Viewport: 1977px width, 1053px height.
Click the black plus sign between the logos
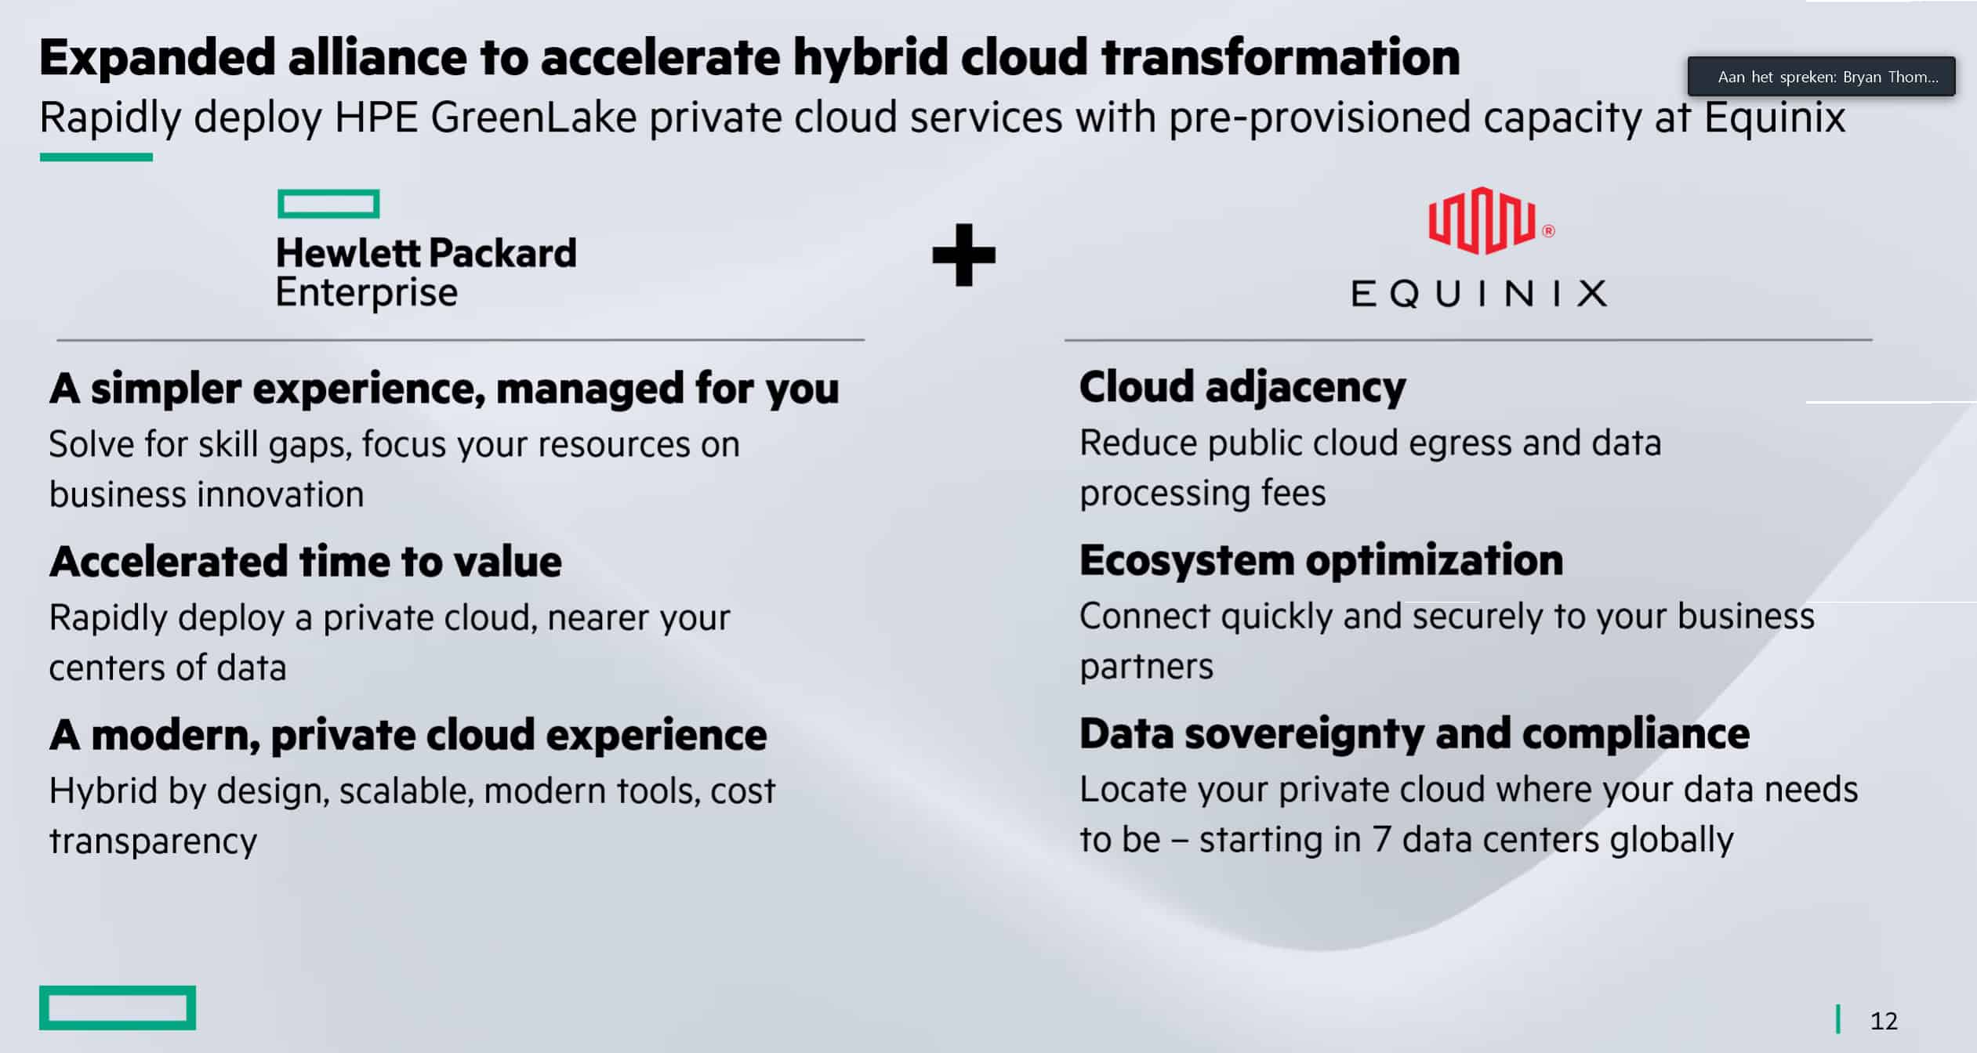point(963,255)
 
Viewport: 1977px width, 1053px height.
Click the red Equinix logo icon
point(1482,221)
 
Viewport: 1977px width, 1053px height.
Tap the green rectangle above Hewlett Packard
point(328,204)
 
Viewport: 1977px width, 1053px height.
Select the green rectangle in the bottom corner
point(118,1008)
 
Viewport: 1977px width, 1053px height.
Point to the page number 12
point(1884,1021)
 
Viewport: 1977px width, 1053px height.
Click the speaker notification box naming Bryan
point(1821,76)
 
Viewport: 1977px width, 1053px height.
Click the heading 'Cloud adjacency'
point(1242,388)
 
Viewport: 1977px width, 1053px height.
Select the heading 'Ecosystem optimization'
point(1321,560)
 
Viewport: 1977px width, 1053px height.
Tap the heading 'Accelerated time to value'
point(306,562)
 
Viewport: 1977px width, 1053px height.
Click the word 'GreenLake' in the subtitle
point(533,118)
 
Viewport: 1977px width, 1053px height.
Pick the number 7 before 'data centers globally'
point(1380,839)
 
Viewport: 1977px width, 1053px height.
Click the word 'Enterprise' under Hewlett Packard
point(366,293)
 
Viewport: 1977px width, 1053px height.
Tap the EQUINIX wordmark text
point(1478,294)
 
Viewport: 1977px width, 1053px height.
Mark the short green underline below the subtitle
point(96,157)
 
